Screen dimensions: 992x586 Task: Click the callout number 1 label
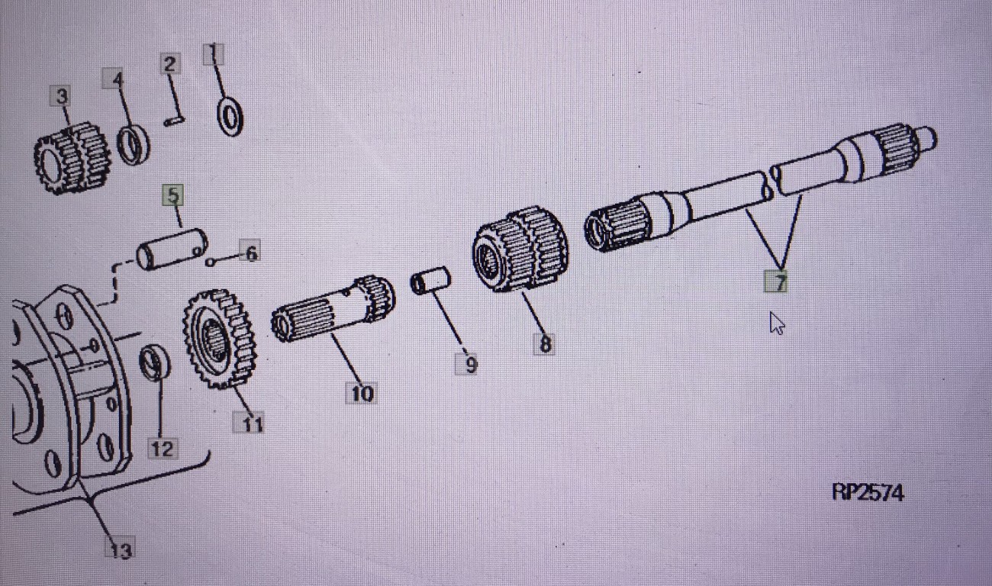click(214, 54)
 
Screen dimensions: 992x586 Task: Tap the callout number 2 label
click(170, 64)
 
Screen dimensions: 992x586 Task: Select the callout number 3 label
click(62, 96)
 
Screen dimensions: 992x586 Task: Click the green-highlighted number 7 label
click(776, 282)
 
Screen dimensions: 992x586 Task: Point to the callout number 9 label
click(467, 365)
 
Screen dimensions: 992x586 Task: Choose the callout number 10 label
click(362, 393)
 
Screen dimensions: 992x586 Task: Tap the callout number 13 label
click(120, 549)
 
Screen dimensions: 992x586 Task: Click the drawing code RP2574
click(868, 492)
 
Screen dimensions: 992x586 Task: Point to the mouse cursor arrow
click(776, 323)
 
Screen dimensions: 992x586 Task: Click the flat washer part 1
click(230, 117)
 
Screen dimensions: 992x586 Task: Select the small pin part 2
click(175, 121)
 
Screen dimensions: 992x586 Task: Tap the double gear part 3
click(72, 158)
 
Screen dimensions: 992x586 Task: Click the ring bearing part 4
click(134, 144)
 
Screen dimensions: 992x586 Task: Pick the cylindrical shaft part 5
click(172, 249)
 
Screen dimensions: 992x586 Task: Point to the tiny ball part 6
click(211, 262)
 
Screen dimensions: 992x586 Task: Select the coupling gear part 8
click(520, 249)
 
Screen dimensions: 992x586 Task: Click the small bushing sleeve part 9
click(430, 280)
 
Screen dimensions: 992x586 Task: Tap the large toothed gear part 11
click(220, 340)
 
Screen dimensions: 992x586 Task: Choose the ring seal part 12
click(155, 361)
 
